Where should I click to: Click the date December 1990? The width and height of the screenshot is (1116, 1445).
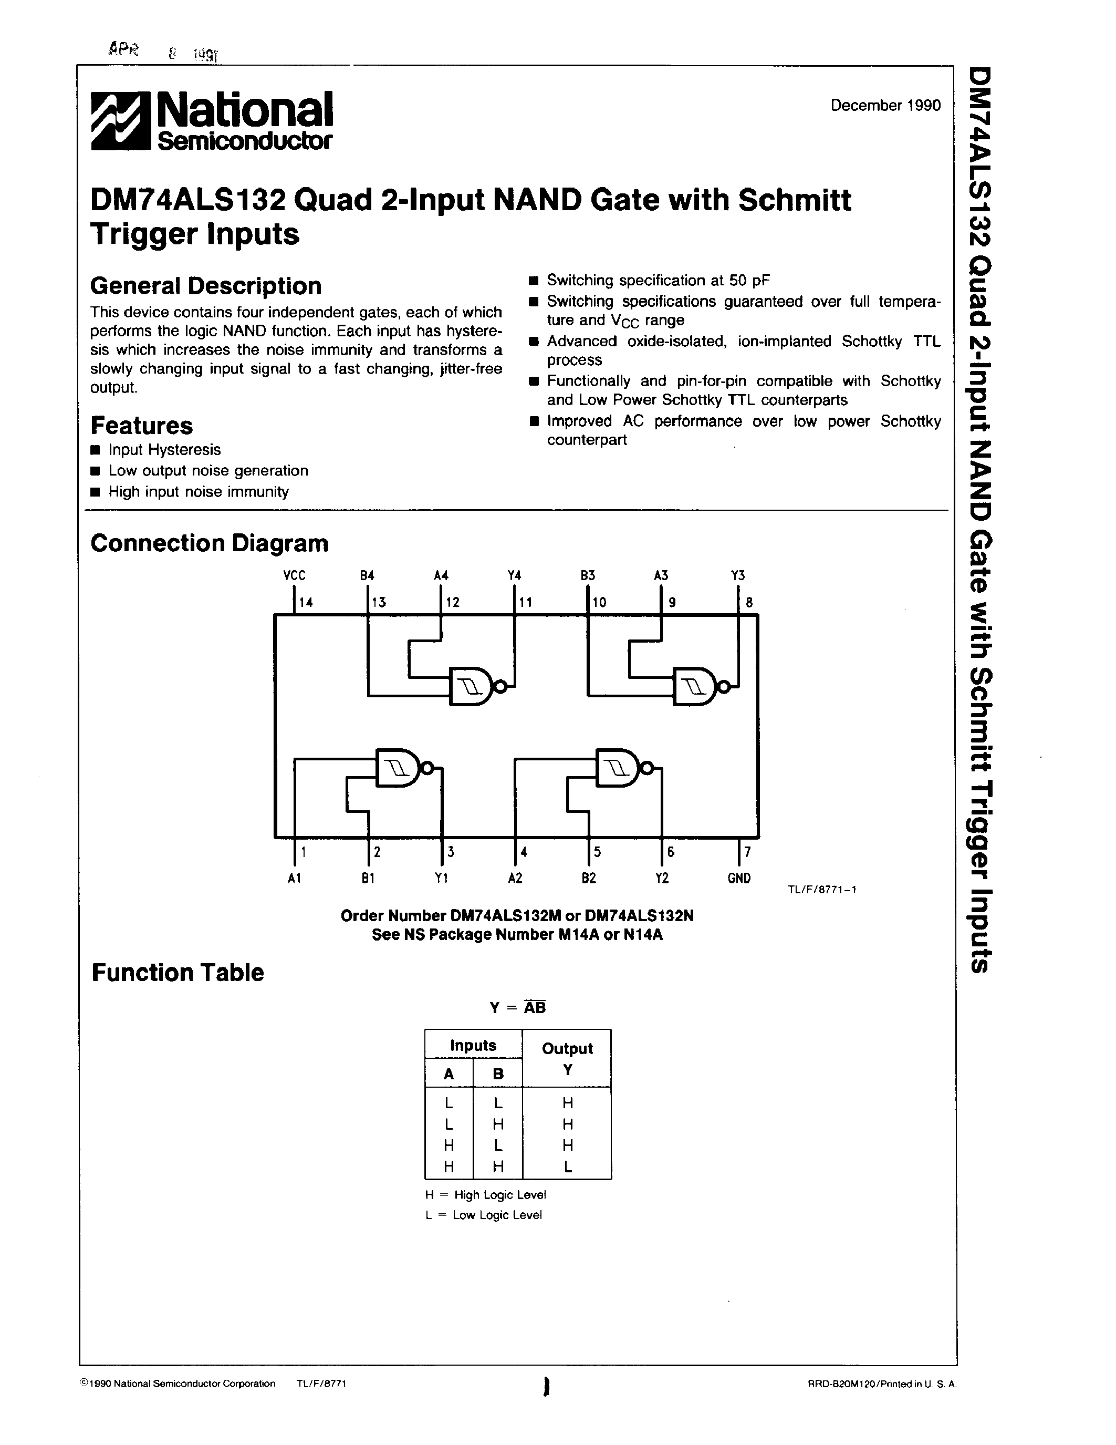tap(885, 106)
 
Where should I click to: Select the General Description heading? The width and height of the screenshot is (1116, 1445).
tap(206, 286)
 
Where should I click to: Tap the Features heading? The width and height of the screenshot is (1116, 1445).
tap(141, 425)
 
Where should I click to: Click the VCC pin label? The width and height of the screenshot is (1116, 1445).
tap(294, 575)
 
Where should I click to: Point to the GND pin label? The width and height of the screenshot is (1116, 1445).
tap(738, 878)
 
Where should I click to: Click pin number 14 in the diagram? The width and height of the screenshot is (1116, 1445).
tap(306, 602)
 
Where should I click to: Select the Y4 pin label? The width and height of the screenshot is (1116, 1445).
tap(514, 575)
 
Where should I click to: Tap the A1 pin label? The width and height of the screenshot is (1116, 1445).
tap(295, 878)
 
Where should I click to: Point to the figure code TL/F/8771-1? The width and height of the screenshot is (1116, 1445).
tap(822, 889)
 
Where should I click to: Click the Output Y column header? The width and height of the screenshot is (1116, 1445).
tap(567, 1058)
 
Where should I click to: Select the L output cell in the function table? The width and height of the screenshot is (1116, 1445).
tap(567, 1168)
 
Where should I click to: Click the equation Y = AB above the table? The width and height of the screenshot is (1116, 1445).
tap(518, 1007)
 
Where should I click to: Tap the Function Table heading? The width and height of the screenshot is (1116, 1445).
tap(177, 973)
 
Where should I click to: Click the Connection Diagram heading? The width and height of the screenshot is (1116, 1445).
tap(209, 543)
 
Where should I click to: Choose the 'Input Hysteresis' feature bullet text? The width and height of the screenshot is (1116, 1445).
tap(164, 450)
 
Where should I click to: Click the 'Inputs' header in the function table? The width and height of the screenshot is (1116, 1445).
tap(473, 1045)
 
